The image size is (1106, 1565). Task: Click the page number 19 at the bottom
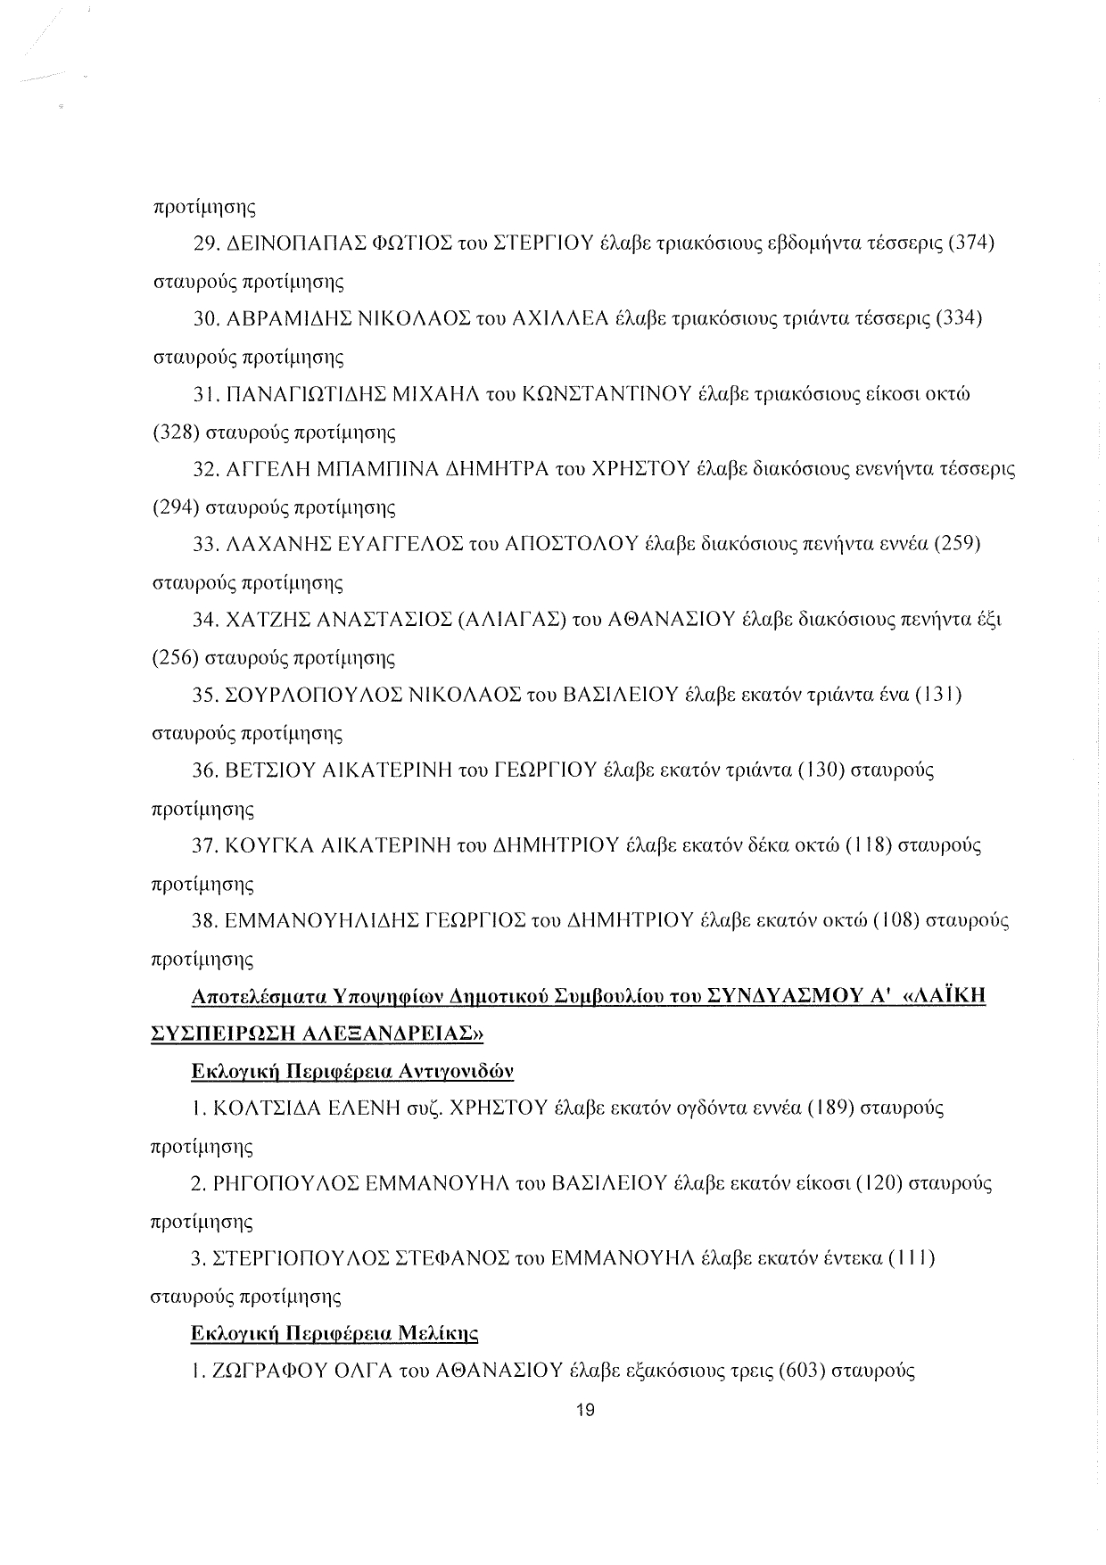[586, 1410]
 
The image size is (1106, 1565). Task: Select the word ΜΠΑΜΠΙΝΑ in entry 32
[376, 469]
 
